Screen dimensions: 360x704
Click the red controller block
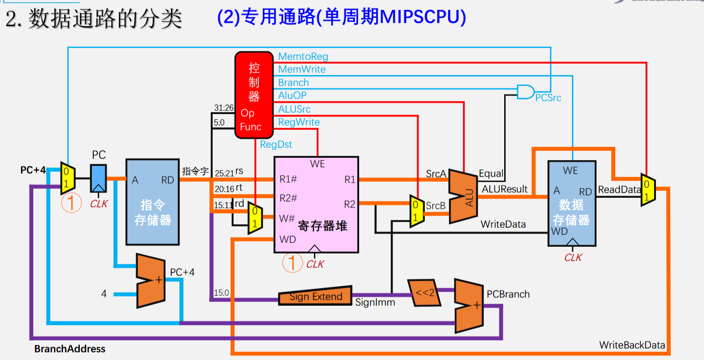255,95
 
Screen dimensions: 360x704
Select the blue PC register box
98,178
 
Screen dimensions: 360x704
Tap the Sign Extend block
315,296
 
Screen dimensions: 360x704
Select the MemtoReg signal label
303,57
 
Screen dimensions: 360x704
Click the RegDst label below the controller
276,145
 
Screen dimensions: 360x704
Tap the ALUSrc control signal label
294,109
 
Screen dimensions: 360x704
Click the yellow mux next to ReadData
647,190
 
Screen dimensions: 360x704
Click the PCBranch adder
469,306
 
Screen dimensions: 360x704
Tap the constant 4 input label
104,294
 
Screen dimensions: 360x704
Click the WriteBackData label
632,345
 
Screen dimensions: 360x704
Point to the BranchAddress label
69,349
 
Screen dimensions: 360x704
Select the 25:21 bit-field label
224,173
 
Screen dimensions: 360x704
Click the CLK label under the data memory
573,257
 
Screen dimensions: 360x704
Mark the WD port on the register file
288,239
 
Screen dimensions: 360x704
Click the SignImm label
375,302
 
